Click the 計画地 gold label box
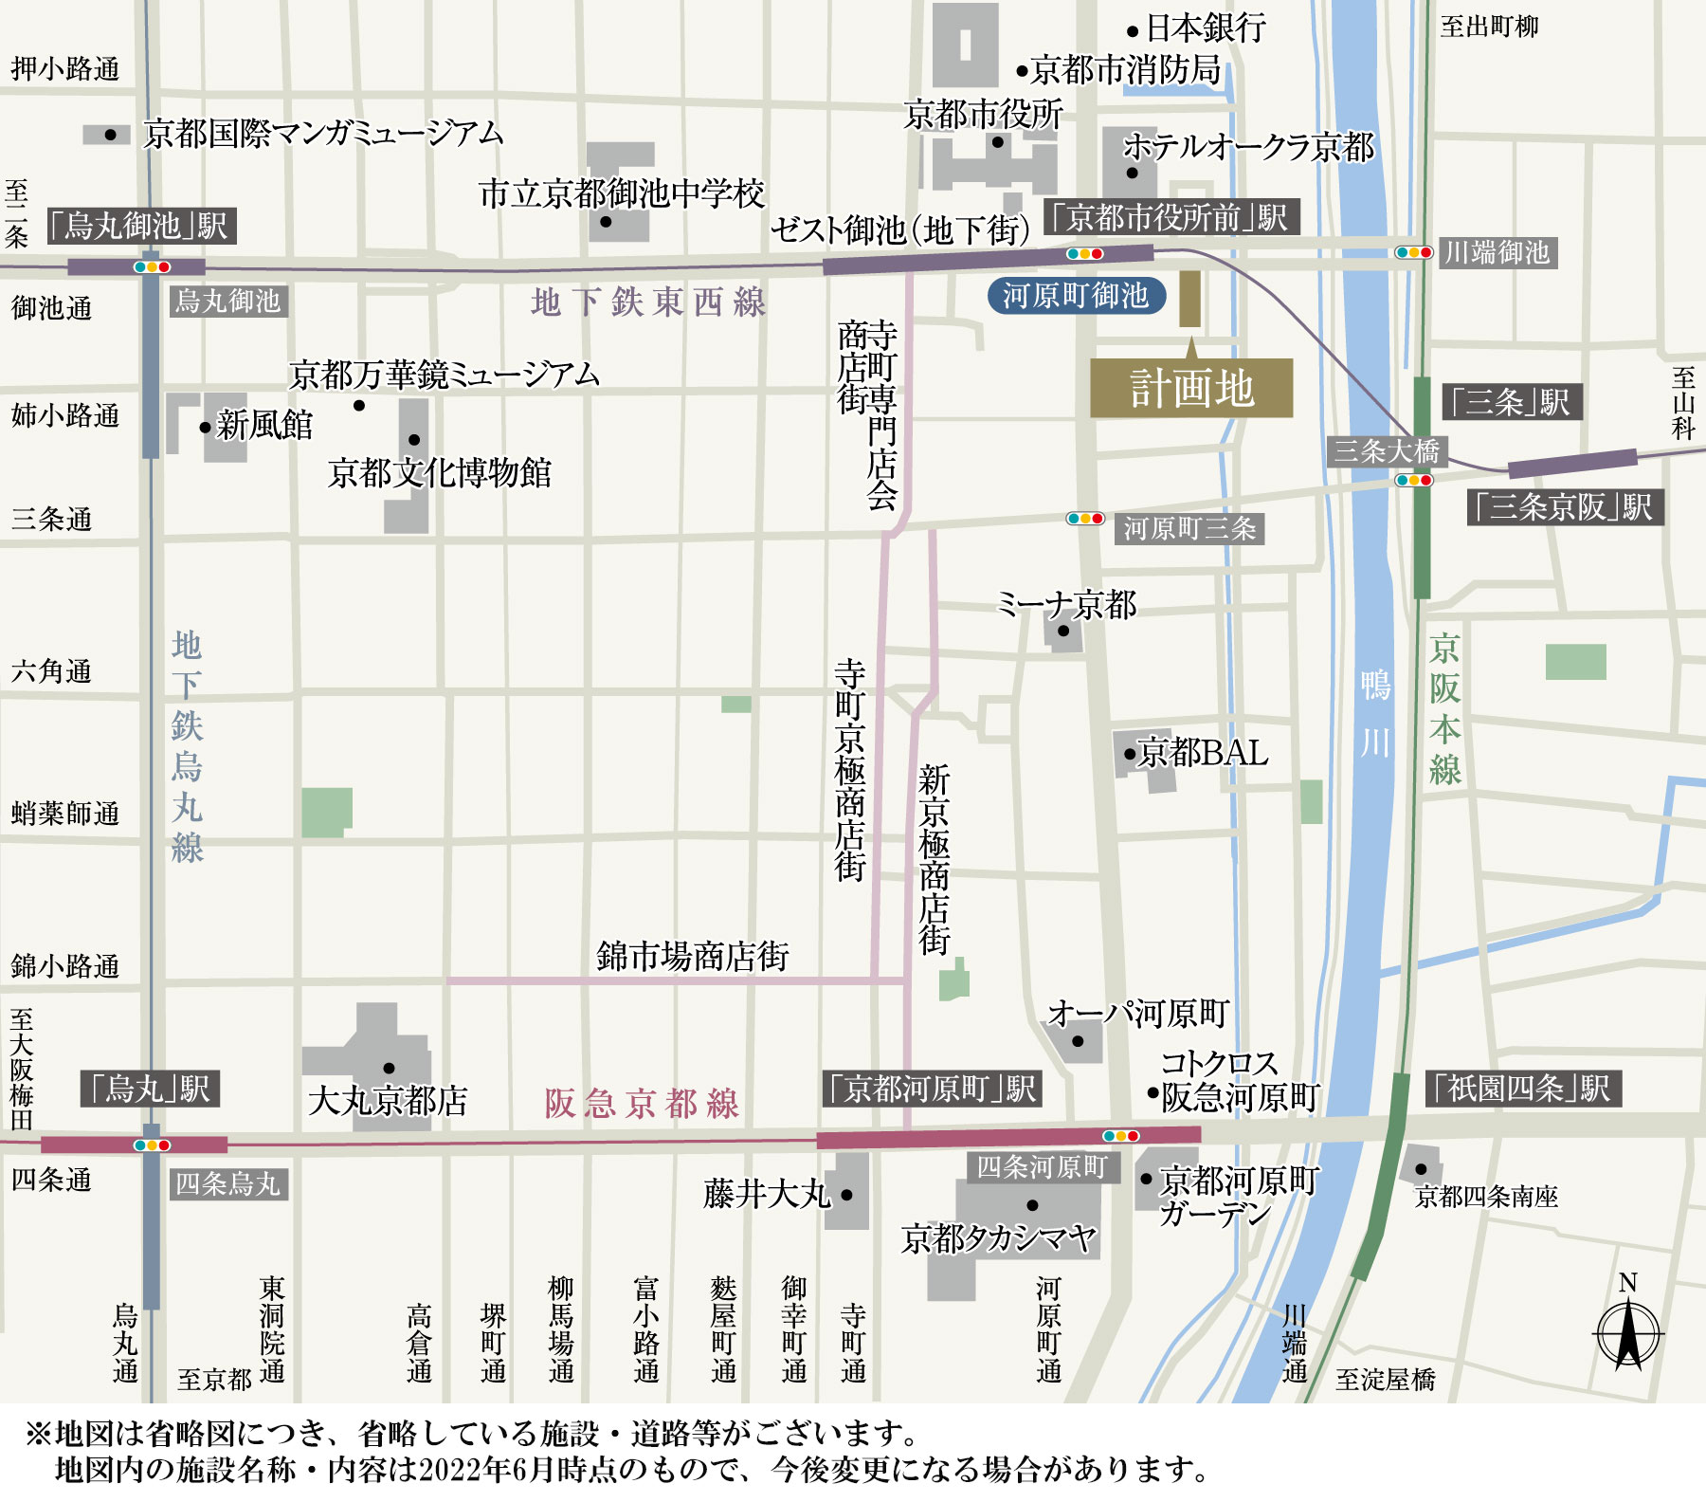coord(1191,389)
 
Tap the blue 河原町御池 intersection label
coord(1076,296)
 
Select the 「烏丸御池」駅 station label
coord(142,226)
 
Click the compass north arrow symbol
coord(1627,1331)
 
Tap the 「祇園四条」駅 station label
coord(1524,1088)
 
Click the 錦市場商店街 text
coord(693,956)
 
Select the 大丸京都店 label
coord(388,1101)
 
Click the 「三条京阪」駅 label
coord(1566,507)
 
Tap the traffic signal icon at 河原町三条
coord(1085,519)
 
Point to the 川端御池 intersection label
coord(1497,252)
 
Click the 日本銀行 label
coord(1206,28)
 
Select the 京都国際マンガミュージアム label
coord(323,134)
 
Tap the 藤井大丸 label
coord(767,1194)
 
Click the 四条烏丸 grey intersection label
coord(228,1183)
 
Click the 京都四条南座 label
coord(1486,1197)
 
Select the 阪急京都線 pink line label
coord(642,1104)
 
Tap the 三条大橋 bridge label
coord(1387,450)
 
